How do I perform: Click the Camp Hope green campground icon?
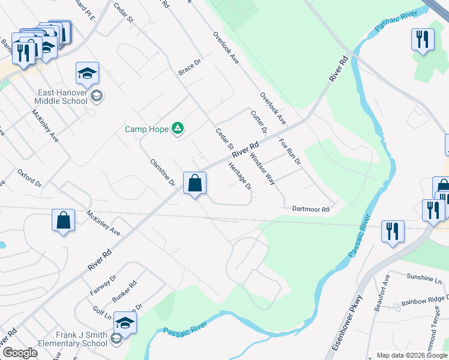[178, 128]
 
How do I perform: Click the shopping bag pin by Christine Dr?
[195, 184]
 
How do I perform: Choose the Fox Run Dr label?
[289, 152]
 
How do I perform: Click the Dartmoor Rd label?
[311, 209]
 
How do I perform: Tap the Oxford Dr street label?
[30, 178]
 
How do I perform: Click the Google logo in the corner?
[20, 353]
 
